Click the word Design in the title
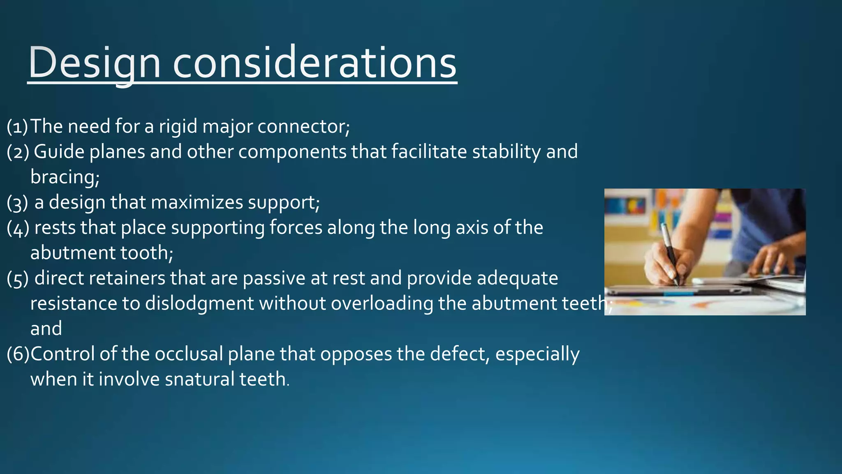click(94, 63)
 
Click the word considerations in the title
click(315, 63)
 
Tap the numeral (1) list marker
click(17, 126)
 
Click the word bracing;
click(65, 177)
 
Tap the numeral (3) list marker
click(17, 202)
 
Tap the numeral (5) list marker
click(17, 278)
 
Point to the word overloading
click(382, 304)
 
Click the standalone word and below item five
click(46, 329)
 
